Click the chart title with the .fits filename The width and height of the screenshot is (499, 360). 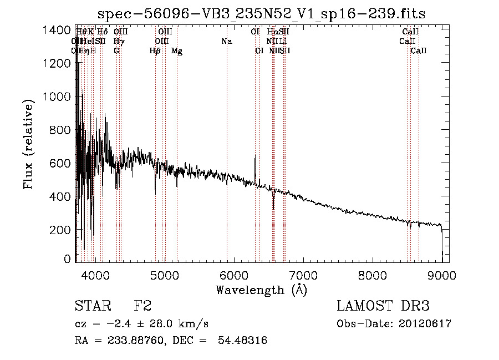[x=261, y=14]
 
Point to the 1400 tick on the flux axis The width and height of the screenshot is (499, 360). [x=57, y=30]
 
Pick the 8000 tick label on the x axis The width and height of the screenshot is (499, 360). [x=373, y=274]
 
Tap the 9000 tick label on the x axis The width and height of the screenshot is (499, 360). [x=442, y=274]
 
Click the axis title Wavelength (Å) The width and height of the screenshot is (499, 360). [x=261, y=290]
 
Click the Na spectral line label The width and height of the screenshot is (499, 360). [x=226, y=41]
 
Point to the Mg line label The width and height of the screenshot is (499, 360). [x=177, y=51]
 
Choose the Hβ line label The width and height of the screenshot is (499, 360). [x=155, y=51]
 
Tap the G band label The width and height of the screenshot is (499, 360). [x=116, y=51]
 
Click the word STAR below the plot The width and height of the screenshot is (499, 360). [x=92, y=306]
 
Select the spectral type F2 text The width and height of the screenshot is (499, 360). [x=142, y=306]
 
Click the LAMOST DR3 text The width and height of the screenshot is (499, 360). [x=383, y=306]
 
